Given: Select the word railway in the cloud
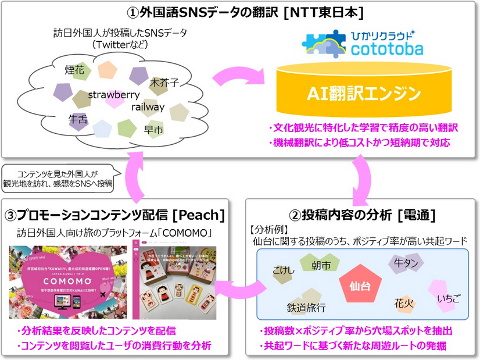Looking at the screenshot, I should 148,107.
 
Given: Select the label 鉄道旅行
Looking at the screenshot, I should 306,308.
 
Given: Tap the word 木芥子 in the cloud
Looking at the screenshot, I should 164,83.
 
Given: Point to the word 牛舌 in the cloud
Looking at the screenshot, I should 78,119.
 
